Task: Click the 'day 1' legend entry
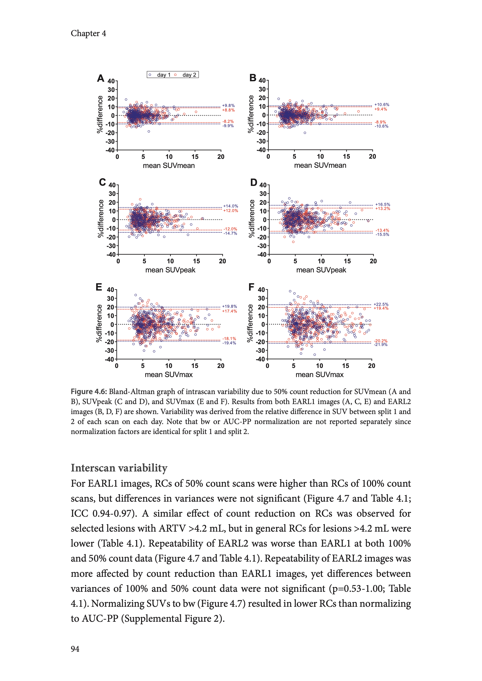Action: coord(164,75)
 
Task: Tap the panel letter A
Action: coord(101,78)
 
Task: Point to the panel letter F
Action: coord(251,287)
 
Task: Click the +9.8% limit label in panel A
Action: coord(228,105)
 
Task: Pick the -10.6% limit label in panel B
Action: coord(381,126)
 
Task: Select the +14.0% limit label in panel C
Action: coord(231,206)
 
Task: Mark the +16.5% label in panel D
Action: coord(383,205)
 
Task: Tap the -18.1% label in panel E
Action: coord(229,338)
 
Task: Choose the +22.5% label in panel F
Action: coord(381,304)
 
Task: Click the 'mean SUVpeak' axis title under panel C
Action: coord(170,270)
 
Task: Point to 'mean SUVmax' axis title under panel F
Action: coord(319,375)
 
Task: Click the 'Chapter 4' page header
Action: coord(88,33)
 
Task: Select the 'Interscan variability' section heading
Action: coord(119,468)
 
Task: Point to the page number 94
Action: coord(75,649)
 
